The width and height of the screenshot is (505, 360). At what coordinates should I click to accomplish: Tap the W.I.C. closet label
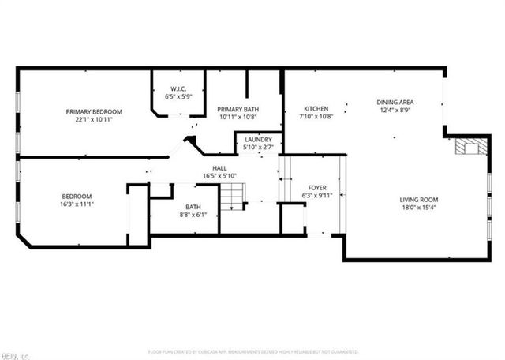pyautogui.click(x=178, y=88)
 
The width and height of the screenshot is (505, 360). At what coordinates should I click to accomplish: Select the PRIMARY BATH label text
pyautogui.click(x=238, y=110)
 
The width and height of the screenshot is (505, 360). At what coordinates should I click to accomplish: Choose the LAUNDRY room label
pyautogui.click(x=258, y=139)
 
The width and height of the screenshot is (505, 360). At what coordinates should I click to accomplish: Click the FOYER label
pyautogui.click(x=317, y=186)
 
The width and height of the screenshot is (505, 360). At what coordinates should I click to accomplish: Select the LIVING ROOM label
pyautogui.click(x=418, y=200)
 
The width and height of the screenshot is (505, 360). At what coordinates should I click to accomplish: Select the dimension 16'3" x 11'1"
pyautogui.click(x=77, y=204)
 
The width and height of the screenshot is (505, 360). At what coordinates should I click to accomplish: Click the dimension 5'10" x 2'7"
pyautogui.click(x=258, y=146)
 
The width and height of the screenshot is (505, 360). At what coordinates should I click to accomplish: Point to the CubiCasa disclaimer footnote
pyautogui.click(x=252, y=351)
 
